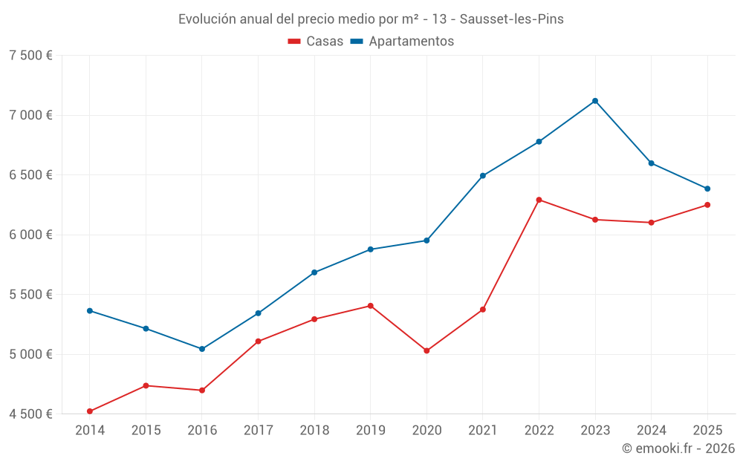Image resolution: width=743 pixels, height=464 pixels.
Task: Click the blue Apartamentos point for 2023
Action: (595, 101)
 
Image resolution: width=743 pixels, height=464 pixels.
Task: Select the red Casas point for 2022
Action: (539, 200)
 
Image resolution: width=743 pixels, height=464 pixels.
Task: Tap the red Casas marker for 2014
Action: (90, 411)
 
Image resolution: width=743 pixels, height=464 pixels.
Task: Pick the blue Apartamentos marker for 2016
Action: (202, 349)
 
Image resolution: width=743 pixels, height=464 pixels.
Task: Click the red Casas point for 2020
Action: (426, 350)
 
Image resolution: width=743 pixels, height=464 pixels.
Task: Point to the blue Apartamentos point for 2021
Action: (483, 176)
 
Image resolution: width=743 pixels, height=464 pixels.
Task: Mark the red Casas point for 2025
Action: (707, 205)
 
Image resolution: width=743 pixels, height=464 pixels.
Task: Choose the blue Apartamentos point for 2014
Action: (90, 311)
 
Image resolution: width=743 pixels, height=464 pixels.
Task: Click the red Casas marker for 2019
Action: (370, 306)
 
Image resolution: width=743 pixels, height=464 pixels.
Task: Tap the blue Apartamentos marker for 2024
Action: (652, 163)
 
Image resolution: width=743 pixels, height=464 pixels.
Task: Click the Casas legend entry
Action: (316, 42)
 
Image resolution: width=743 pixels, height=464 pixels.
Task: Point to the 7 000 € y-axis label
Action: (30, 115)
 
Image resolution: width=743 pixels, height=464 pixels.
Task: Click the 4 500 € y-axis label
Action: (30, 414)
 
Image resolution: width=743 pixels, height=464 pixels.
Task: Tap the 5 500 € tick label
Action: (30, 295)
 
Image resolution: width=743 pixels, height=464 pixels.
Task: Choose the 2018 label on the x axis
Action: (314, 431)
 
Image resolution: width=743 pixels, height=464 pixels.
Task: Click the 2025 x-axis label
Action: (707, 431)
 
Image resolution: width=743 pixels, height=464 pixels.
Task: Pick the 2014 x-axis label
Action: (90, 431)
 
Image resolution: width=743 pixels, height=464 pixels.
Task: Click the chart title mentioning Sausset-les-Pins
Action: (371, 19)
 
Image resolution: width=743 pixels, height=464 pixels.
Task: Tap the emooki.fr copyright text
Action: (678, 448)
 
